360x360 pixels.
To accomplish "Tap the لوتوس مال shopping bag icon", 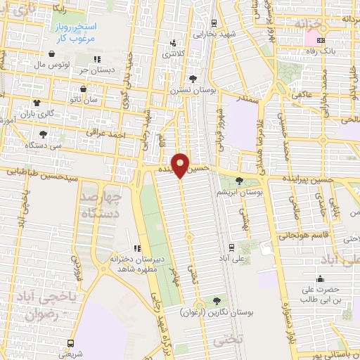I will click(x=52, y=54).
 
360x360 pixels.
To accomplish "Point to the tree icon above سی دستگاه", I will click(x=44, y=133).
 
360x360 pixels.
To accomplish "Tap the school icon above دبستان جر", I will click(x=97, y=59).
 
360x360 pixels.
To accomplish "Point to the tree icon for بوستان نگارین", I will click(x=216, y=300).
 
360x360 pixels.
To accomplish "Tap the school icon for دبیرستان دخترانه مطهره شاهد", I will click(x=136, y=247).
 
